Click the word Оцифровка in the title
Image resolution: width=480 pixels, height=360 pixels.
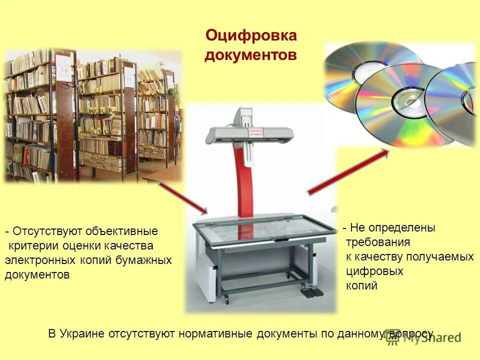tap(251, 36)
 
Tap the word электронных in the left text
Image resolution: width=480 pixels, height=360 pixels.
tap(40, 260)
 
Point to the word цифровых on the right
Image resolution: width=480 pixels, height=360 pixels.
tap(374, 271)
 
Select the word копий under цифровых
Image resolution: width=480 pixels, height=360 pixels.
tap(361, 286)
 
